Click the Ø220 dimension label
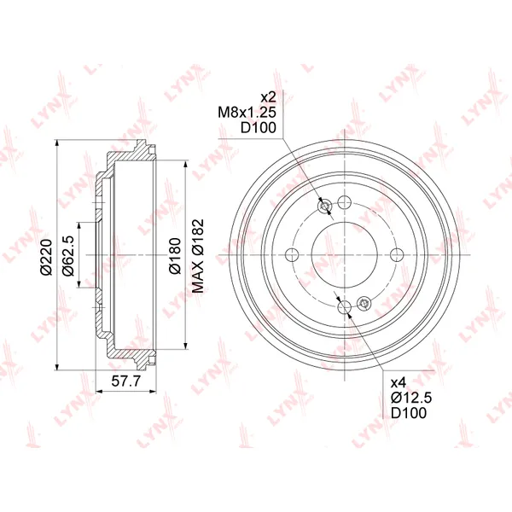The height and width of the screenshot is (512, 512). click(46, 257)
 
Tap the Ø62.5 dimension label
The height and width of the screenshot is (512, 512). click(68, 255)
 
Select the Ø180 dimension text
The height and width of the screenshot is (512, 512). click(175, 256)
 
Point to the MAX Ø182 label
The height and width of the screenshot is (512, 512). click(198, 256)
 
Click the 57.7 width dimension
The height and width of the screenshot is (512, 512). click(125, 381)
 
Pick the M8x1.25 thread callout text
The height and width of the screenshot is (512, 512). click(247, 113)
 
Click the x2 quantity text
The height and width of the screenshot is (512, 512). click(269, 97)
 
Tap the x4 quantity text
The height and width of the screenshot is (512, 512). click(398, 381)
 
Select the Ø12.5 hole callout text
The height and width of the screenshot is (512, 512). click(411, 398)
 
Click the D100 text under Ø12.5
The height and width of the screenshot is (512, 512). click(409, 413)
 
